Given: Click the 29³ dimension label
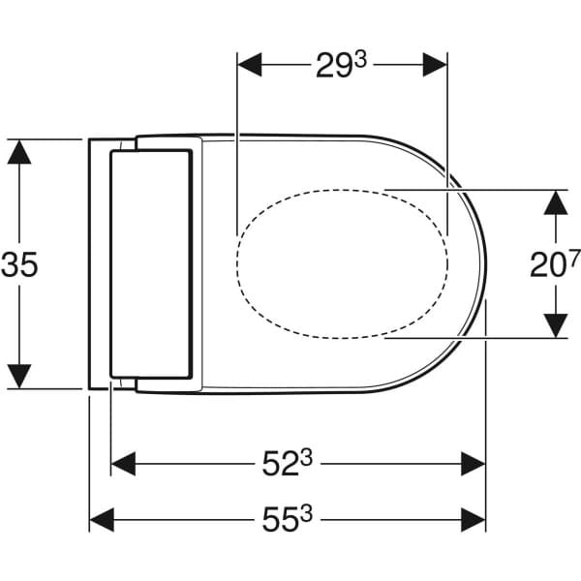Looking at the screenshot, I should tap(341, 66).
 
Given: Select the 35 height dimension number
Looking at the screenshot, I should tap(21, 264).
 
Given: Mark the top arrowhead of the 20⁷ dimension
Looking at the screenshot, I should tap(554, 201).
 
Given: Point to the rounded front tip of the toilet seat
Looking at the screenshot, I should tap(483, 263).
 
